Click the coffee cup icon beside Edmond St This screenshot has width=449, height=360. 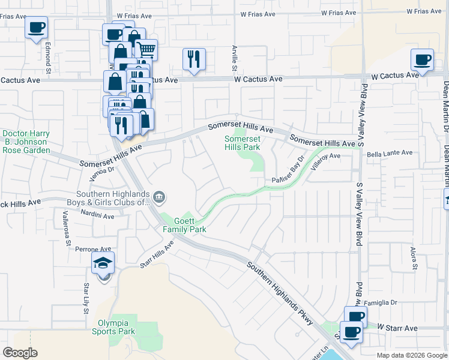coord(36,28)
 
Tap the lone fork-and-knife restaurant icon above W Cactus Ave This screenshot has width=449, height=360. coord(194,59)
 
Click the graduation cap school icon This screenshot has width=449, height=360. coord(103,263)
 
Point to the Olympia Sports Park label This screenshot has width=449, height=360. coord(117,327)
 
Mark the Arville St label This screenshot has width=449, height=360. coord(234,59)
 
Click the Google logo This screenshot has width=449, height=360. coord(20,353)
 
